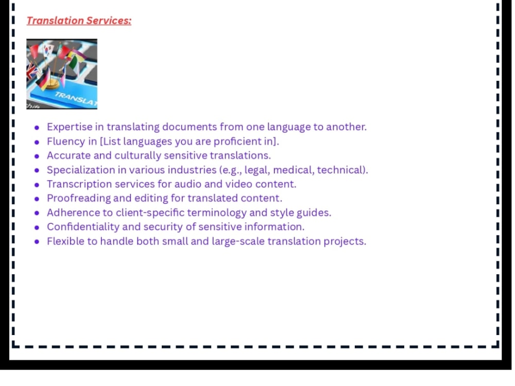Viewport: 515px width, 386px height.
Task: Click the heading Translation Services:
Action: point(79,21)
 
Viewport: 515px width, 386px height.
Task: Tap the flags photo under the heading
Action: point(62,74)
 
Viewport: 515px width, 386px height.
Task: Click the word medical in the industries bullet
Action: point(293,170)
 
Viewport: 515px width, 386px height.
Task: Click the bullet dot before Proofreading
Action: point(37,199)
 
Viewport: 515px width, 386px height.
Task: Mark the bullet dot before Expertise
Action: point(37,128)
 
